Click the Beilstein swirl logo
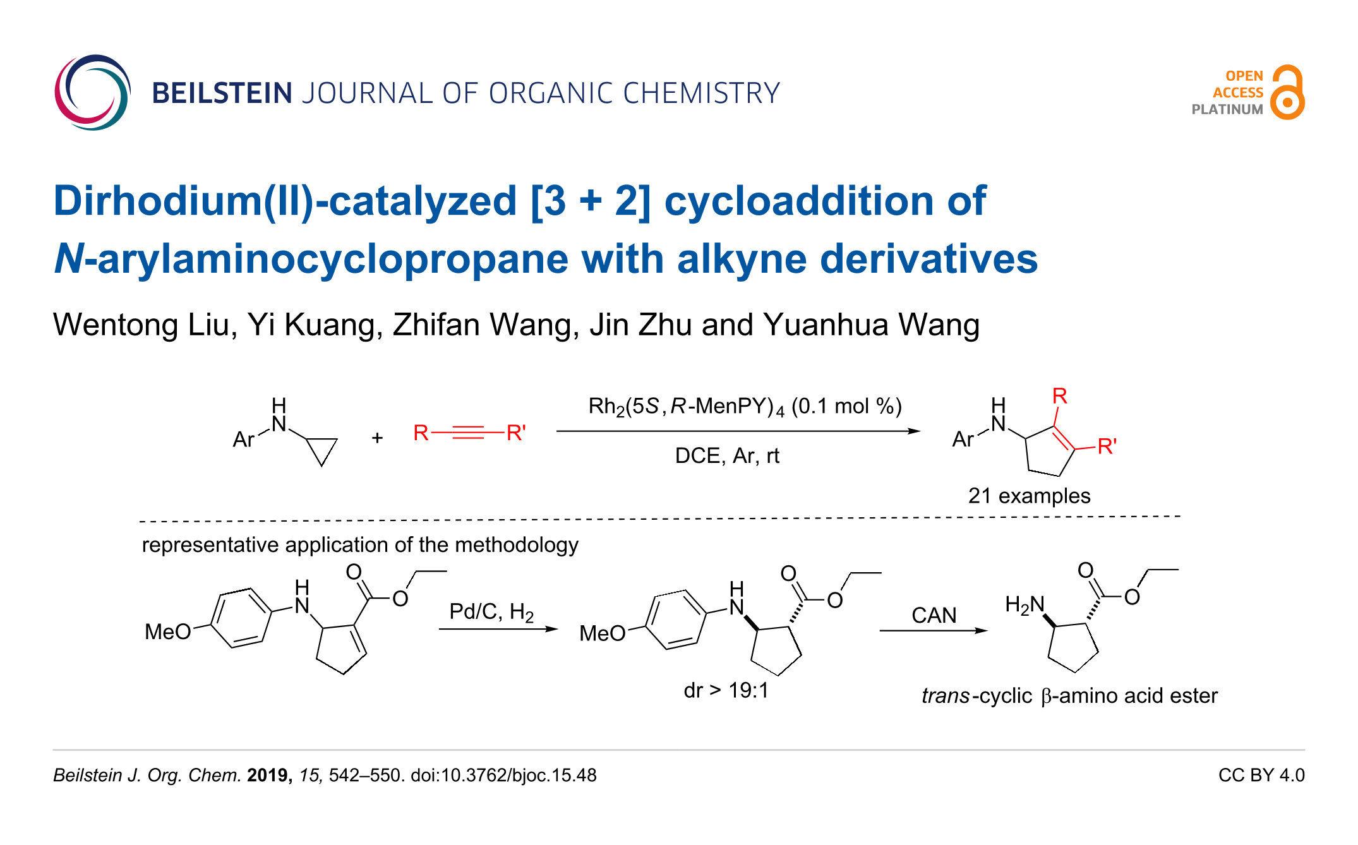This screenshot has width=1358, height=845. coord(92,93)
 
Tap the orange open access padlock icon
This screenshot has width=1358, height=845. coord(1287,93)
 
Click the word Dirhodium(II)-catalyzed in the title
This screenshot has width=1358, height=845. coord(285,201)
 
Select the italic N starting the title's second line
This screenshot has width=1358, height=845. coord(68,259)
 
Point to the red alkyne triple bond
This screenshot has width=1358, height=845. coord(468,433)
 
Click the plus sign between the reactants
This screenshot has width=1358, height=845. coord(377,438)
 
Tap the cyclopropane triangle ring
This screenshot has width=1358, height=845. coord(322,449)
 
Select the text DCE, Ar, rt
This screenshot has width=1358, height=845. coord(727,455)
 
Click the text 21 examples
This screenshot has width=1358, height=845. coord(1029,496)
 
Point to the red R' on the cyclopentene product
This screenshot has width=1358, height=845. coord(1107,446)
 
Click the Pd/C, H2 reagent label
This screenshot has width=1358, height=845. coord(491,611)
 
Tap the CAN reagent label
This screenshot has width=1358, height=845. coord(934,615)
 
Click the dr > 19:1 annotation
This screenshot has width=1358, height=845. coord(726,690)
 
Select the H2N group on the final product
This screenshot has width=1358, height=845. coord(1025,605)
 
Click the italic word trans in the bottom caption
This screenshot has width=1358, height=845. coord(945,695)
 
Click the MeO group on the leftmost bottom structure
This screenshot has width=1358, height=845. coord(167,632)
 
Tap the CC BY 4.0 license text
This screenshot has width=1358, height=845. coord(1261,775)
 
